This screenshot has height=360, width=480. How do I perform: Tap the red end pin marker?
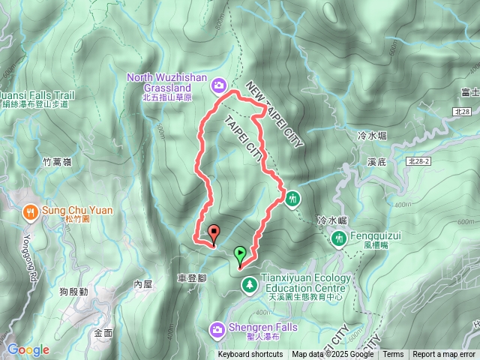[x=214, y=233]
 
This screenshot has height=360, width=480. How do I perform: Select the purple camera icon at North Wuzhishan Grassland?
[x=218, y=85]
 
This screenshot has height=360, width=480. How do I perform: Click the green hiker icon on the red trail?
[x=292, y=199]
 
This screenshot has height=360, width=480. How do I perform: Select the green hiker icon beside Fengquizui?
[x=339, y=238]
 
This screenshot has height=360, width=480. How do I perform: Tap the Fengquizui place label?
[x=376, y=235]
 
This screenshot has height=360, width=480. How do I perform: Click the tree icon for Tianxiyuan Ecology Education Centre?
[x=248, y=285]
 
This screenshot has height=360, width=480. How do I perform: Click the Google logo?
[x=28, y=349]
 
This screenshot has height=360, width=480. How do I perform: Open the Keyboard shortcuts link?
[x=250, y=355]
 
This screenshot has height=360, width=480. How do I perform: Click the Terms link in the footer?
[x=393, y=355]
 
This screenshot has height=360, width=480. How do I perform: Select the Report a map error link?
[x=443, y=355]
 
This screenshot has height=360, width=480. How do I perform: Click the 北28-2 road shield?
[x=419, y=160]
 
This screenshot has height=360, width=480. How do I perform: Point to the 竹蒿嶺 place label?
[x=57, y=161]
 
